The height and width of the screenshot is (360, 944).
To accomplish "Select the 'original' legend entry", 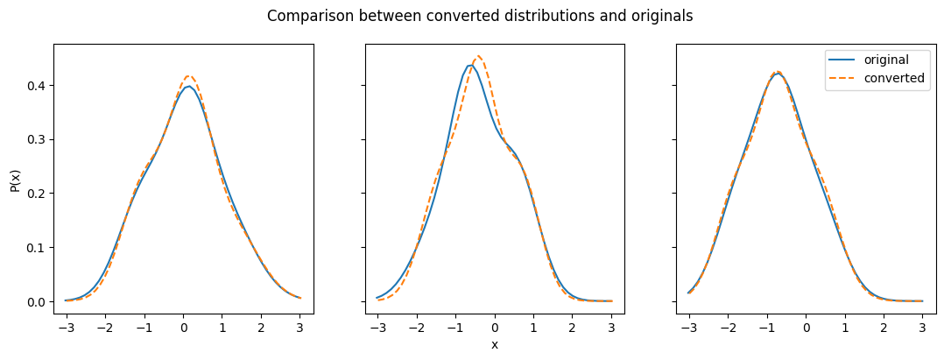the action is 869,60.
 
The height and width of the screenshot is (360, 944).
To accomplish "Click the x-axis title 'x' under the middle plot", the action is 495,344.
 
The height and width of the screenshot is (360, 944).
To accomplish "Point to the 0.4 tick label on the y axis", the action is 37,86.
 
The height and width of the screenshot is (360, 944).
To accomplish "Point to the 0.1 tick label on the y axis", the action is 37,247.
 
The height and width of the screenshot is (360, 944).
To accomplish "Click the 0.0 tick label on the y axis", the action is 37,301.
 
